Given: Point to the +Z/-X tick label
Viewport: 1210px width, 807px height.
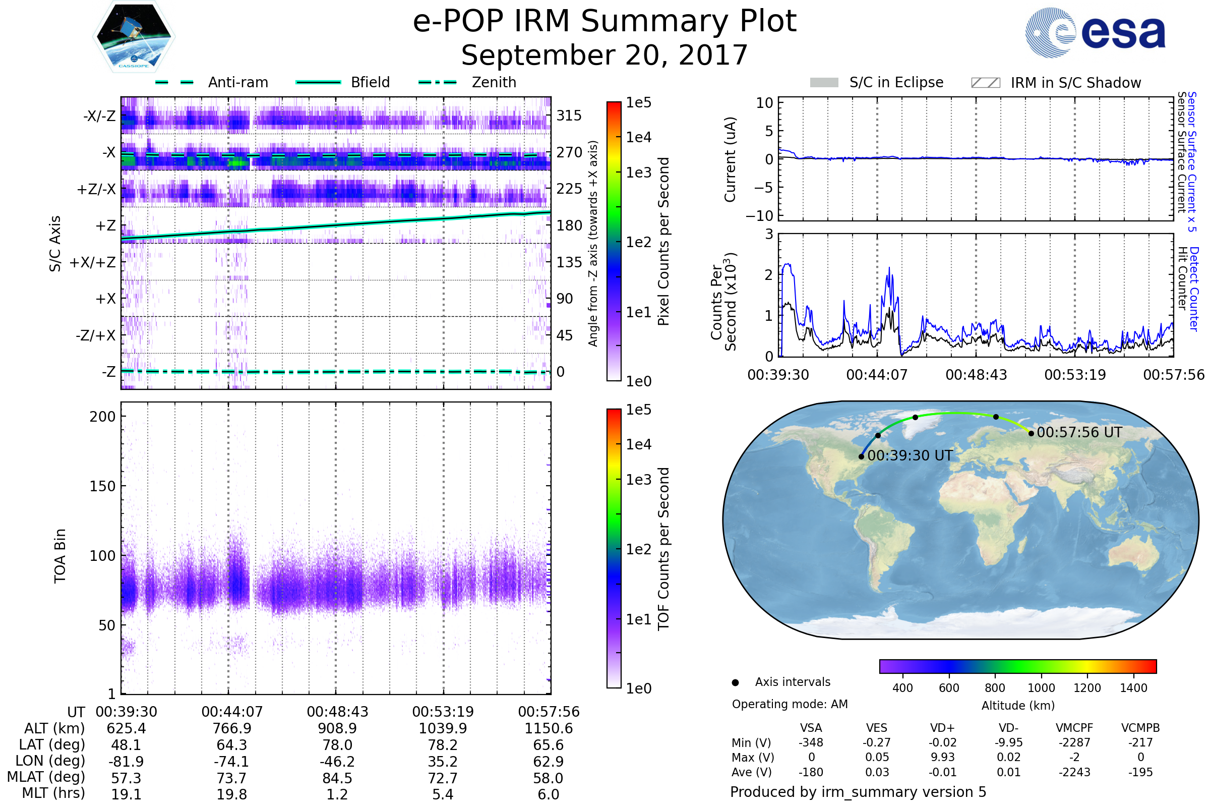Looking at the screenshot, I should [96, 190].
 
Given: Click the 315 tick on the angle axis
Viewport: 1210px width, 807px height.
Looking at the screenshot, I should [569, 116].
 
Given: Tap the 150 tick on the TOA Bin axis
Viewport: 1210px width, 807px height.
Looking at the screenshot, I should [102, 486].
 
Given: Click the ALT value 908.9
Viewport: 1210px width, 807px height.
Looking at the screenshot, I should [337, 729].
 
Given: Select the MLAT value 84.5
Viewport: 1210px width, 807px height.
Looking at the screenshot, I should [337, 778].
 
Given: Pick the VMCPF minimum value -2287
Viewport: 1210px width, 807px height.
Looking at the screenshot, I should [1074, 742].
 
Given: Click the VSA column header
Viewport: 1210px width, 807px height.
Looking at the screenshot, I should [811, 728].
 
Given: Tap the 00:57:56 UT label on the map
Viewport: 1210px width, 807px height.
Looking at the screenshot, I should [1079, 432].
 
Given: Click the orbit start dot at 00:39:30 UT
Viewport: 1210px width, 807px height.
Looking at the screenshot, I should [861, 456].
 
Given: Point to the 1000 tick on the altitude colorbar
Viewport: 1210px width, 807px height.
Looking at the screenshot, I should [1041, 688].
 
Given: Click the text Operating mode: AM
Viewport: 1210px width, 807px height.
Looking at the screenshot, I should [790, 704].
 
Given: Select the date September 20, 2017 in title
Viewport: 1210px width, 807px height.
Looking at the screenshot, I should [604, 55].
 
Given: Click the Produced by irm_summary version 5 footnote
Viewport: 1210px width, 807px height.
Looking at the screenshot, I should [858, 792].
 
